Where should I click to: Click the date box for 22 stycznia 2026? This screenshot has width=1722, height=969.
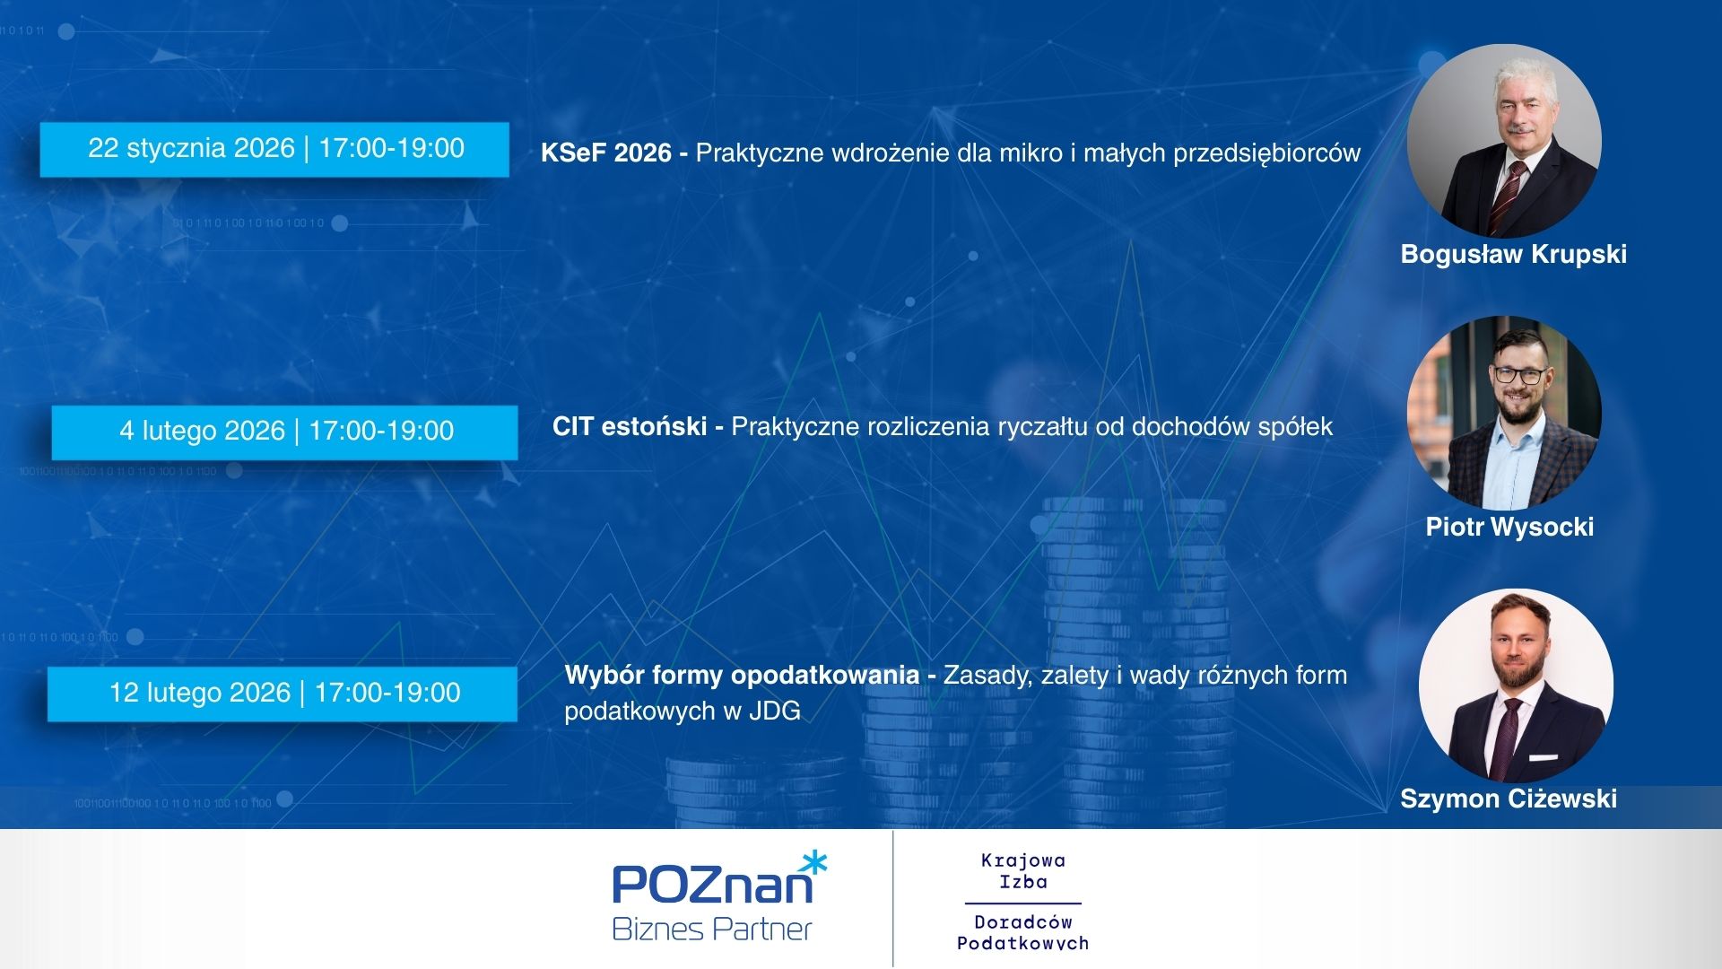pos(274,149)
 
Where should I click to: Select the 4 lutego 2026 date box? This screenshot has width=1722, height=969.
pos(285,432)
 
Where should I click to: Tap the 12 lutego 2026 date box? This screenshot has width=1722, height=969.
pos(283,694)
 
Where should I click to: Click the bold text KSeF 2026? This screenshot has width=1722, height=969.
pos(606,153)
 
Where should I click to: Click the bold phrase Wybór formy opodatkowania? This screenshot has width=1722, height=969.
pos(742,676)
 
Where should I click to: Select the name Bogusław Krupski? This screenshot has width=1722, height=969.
pos(1513,255)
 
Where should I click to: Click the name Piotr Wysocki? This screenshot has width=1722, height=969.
pos(1509,527)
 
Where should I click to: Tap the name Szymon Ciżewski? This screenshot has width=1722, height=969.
pos(1509,799)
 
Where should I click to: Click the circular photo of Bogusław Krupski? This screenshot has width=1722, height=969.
pos(1504,141)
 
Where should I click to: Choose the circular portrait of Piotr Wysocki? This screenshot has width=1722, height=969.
pos(1504,413)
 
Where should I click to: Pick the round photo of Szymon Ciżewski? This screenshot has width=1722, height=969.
pos(1516,685)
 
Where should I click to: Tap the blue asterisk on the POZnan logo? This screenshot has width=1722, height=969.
pos(813,863)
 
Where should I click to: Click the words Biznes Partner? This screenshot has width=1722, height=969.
pos(711,930)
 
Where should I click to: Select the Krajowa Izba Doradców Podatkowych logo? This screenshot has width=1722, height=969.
pos(1022,901)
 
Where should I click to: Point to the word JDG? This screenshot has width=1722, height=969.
pos(775,711)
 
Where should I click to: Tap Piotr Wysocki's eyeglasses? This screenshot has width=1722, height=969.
pos(1518,375)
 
